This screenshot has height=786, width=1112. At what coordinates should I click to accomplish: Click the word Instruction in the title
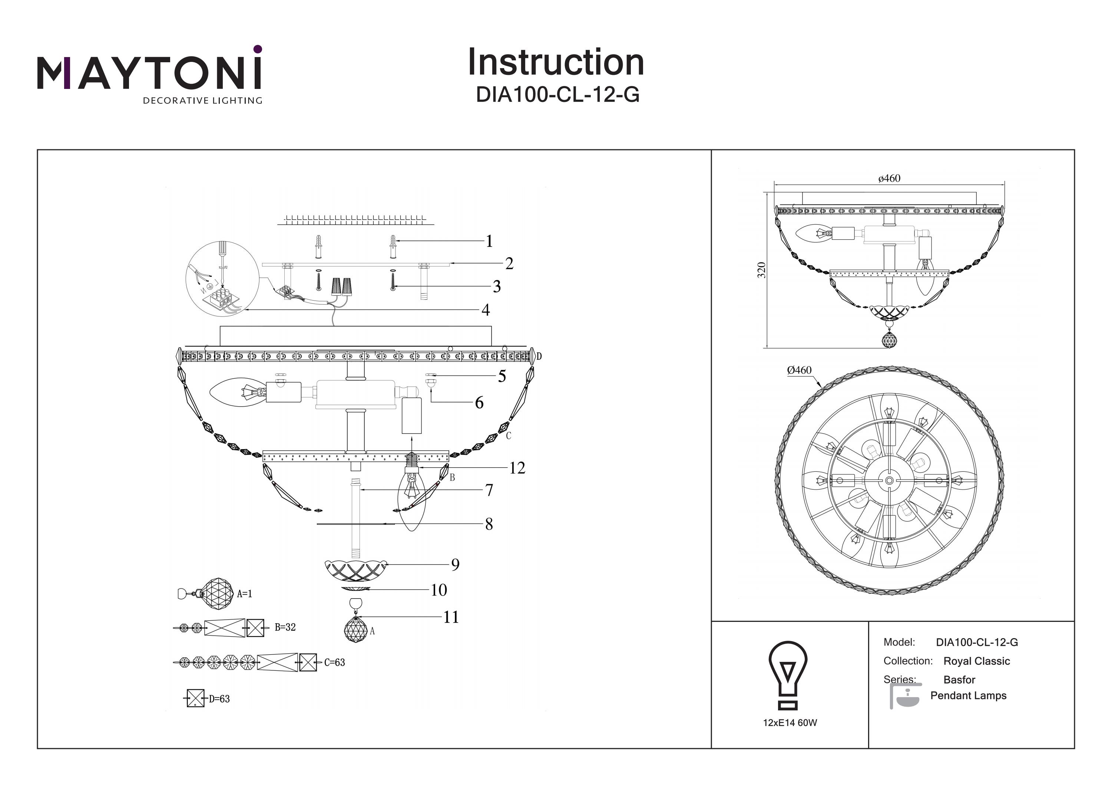(556, 63)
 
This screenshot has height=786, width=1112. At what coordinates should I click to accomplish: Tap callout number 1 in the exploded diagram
(489, 241)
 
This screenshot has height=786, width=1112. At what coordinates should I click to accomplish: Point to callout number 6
(479, 402)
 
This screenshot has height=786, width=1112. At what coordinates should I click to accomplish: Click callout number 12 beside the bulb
(517, 468)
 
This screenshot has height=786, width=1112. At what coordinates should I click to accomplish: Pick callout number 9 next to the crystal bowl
(455, 564)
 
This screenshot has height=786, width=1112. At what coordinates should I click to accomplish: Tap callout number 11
(451, 617)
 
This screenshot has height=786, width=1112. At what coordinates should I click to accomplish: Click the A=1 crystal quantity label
(245, 594)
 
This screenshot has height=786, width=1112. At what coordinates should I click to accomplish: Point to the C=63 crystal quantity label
(335, 662)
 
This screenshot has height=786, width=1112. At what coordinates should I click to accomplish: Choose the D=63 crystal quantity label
(219, 699)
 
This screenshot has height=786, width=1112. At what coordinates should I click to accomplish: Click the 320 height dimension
(761, 270)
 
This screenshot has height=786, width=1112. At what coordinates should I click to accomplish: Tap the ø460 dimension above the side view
(889, 178)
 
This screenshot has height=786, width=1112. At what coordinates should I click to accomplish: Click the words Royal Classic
(976, 661)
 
